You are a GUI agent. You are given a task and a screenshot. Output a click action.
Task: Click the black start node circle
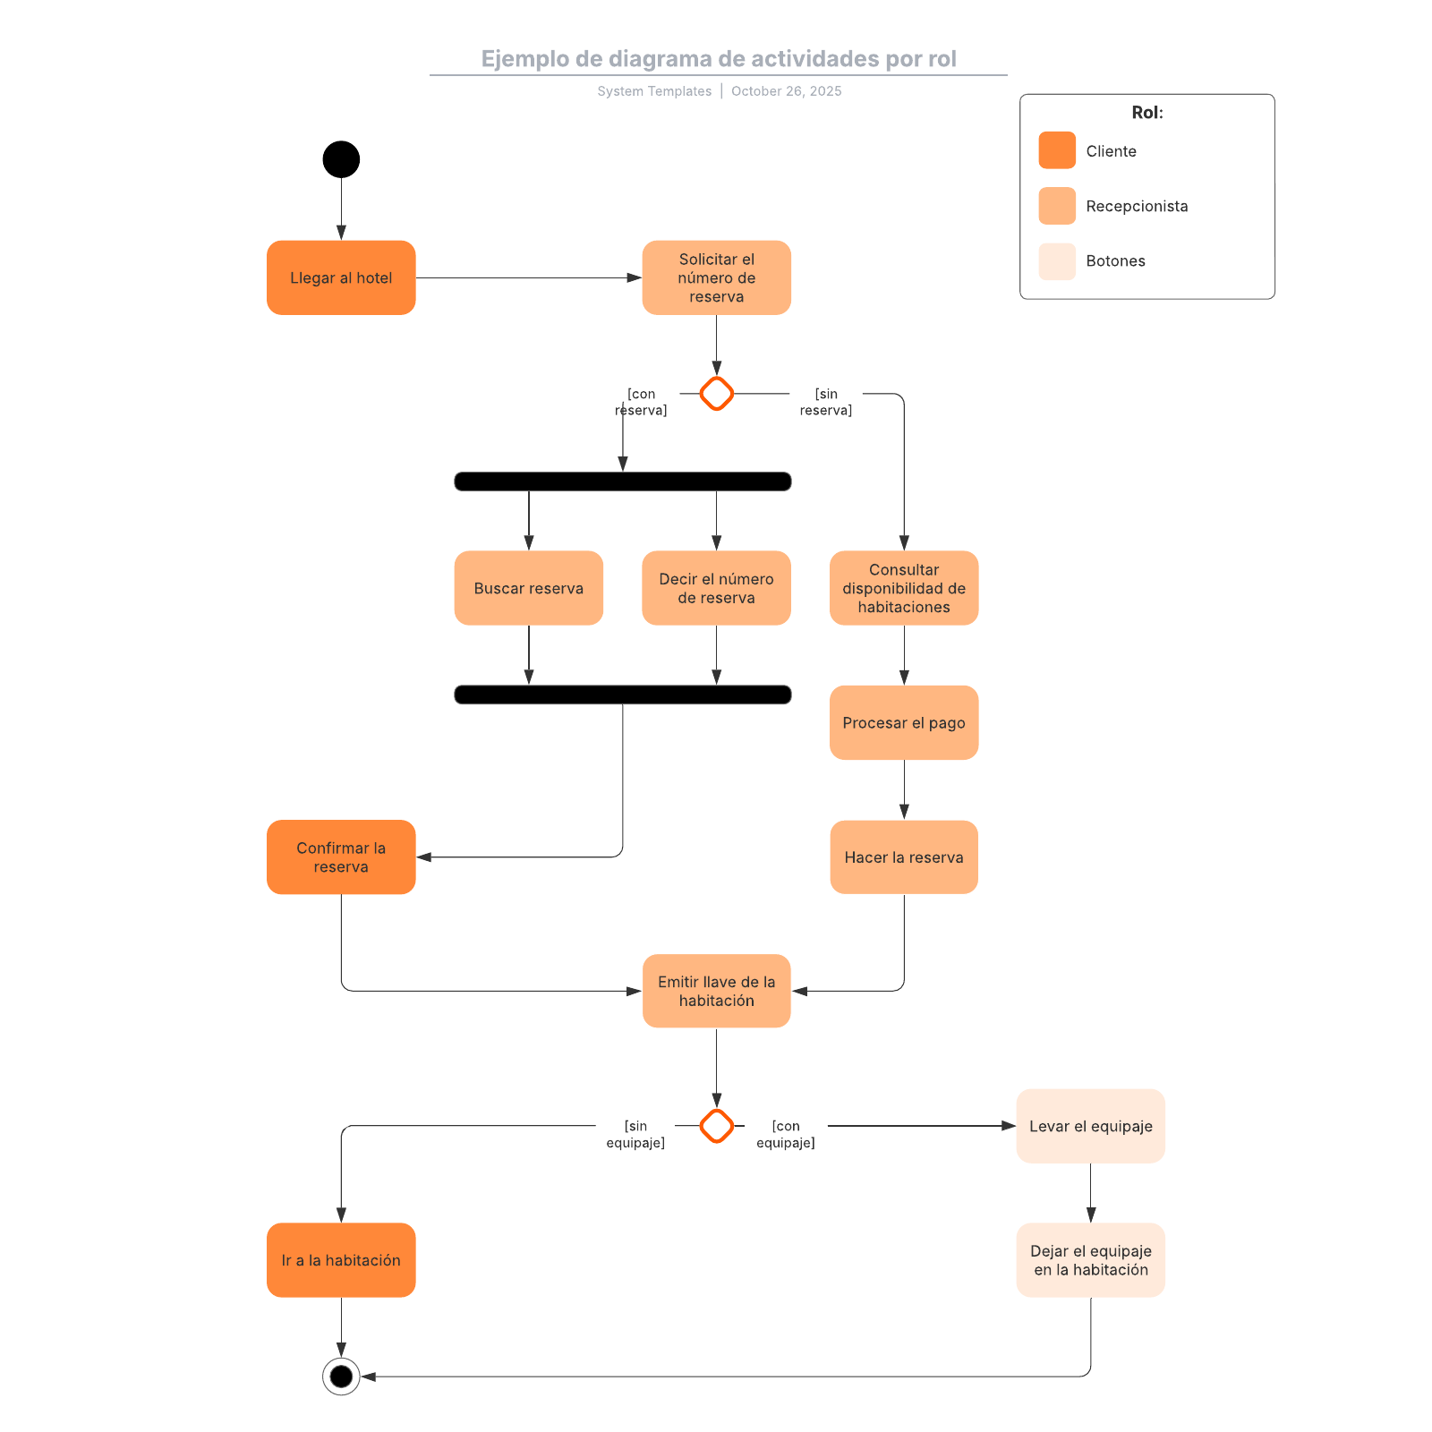pos(341,159)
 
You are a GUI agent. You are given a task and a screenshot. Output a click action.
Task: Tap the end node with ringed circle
pos(341,1377)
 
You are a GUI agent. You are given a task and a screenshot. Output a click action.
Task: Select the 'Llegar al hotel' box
pos(341,277)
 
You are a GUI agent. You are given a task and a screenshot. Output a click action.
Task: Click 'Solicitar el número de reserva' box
pos(716,277)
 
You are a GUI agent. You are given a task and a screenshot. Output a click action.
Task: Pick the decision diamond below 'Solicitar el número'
pos(716,394)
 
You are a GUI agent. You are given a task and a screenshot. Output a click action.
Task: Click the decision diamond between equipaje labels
pos(716,1126)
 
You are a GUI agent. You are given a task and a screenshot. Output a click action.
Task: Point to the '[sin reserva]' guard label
pos(825,402)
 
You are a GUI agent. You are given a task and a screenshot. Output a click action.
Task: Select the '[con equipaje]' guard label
pos(785,1134)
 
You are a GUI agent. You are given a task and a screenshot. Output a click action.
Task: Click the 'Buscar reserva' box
pos(528,588)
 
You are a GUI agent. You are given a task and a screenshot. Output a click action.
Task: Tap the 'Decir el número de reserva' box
pos(716,588)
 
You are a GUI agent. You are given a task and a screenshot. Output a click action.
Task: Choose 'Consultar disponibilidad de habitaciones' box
pos(904,588)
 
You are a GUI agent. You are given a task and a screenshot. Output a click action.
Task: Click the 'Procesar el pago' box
pos(904,722)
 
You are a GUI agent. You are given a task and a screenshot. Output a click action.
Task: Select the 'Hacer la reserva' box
pos(904,857)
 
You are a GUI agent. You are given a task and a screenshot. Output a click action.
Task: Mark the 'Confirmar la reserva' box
pos(341,857)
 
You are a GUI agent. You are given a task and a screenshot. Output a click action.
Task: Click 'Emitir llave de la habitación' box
pos(716,991)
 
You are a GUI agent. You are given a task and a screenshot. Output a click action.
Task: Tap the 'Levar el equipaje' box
pos(1090,1126)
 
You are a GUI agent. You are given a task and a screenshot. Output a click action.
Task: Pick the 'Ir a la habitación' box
pos(341,1260)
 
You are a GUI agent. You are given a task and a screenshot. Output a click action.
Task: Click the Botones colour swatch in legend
pos(1057,261)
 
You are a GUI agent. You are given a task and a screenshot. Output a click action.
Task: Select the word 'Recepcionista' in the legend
pos(1137,206)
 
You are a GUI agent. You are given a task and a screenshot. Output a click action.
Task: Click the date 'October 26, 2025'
pos(786,91)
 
